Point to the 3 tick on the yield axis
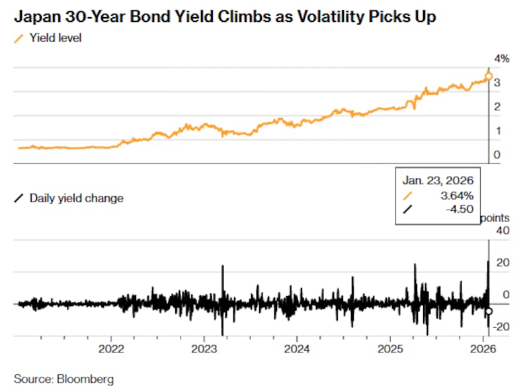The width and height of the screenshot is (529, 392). (x=496, y=83)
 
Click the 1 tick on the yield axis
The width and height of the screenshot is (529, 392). (x=496, y=131)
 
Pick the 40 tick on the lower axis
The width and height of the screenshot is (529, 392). (x=503, y=230)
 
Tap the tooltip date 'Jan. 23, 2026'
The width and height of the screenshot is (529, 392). (x=439, y=179)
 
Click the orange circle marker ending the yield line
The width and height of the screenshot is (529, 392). (x=489, y=77)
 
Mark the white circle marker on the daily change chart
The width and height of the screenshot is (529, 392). (x=489, y=311)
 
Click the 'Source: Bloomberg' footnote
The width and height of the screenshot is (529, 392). (x=63, y=379)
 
